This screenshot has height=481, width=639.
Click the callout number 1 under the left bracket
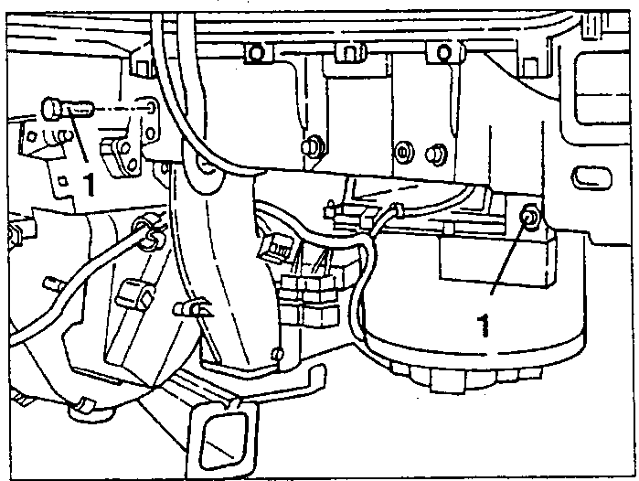[x=89, y=184]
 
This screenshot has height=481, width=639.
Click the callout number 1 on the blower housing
[x=484, y=325]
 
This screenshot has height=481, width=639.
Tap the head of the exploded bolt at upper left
[x=52, y=108]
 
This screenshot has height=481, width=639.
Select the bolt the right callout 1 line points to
[x=530, y=218]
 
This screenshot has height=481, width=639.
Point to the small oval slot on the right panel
[x=591, y=178]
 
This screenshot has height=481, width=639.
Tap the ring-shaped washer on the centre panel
[x=404, y=153]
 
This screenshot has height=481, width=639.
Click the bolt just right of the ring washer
[x=436, y=154]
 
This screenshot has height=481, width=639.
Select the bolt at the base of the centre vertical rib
[x=312, y=145]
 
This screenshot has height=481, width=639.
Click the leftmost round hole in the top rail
[x=256, y=53]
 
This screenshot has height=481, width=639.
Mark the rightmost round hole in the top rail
[x=443, y=52]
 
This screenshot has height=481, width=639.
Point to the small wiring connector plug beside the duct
[x=275, y=248]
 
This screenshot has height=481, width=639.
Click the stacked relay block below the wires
[x=310, y=300]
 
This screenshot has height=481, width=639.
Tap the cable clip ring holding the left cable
[x=146, y=236]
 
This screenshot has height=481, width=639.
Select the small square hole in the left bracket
[x=62, y=180]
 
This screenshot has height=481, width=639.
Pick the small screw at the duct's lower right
[x=278, y=354]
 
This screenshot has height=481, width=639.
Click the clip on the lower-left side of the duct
[x=192, y=308]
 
